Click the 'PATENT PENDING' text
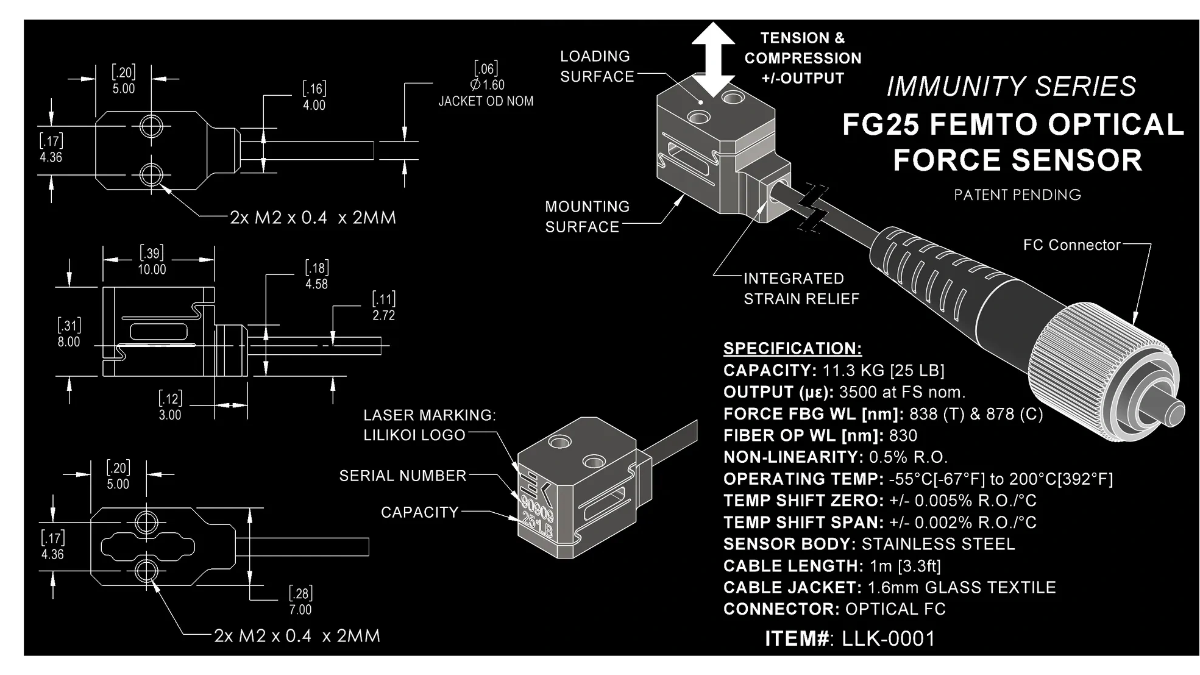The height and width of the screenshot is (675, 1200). coord(1017,195)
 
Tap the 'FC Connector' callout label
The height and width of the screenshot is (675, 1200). coord(1071,245)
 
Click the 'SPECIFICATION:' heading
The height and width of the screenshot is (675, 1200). coord(792,348)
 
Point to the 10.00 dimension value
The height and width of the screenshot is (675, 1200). coord(152,270)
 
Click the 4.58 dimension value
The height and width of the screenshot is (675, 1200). coord(316,284)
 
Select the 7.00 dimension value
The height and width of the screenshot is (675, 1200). coord(300,610)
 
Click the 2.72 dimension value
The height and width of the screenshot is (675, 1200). coord(383,315)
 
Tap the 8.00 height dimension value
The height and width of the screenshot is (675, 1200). coord(69,342)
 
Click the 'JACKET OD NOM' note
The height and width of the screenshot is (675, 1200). coord(486,101)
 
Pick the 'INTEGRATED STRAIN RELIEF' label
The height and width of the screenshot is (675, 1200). coord(801,288)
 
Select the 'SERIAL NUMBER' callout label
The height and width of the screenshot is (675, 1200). coord(402,476)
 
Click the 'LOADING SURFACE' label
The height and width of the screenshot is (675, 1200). coord(596,66)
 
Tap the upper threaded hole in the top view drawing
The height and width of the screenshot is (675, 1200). coord(151,126)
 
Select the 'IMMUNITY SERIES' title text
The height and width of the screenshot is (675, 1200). coord(1011,87)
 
